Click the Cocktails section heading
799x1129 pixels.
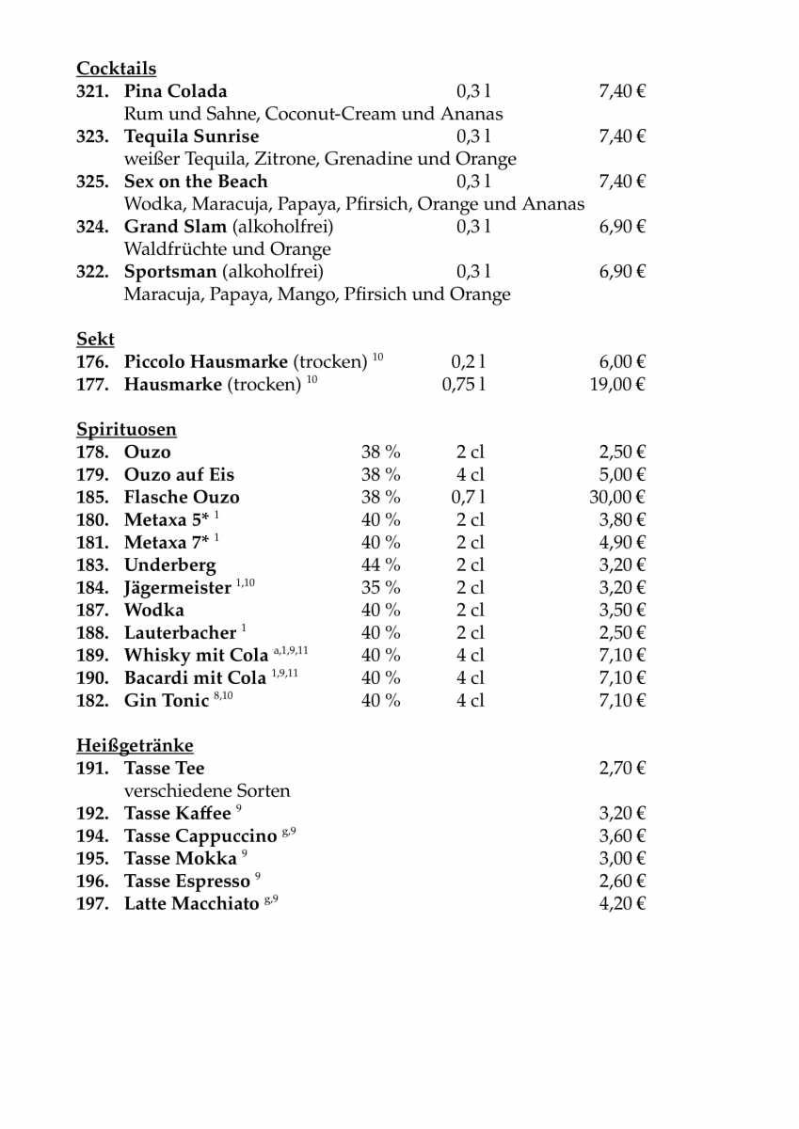click(x=116, y=69)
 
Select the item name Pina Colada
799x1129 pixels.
click(x=175, y=91)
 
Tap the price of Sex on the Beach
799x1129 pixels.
click(x=622, y=182)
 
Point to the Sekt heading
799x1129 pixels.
click(x=95, y=340)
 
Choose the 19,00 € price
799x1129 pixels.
click(x=617, y=385)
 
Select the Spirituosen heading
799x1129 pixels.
click(x=126, y=430)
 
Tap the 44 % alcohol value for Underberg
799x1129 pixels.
click(x=381, y=565)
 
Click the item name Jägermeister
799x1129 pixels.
click(x=177, y=588)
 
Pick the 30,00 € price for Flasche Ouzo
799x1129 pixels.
click(x=617, y=498)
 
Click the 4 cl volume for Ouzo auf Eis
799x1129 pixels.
click(x=471, y=475)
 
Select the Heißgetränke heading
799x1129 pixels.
click(x=135, y=746)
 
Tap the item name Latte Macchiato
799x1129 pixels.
click(x=191, y=904)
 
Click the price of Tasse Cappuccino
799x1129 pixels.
click(x=622, y=836)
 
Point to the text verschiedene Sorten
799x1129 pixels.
click(x=207, y=791)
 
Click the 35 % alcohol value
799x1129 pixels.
click(x=381, y=588)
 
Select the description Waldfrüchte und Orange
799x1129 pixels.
click(x=228, y=249)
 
